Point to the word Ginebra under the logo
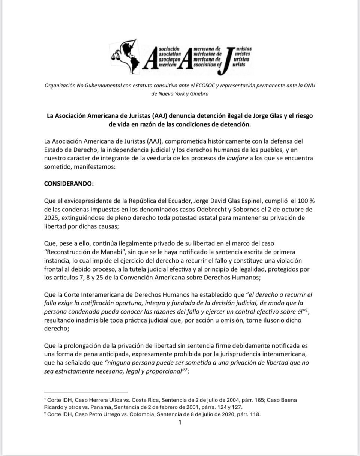[198, 94]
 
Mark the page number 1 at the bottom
[180, 422]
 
